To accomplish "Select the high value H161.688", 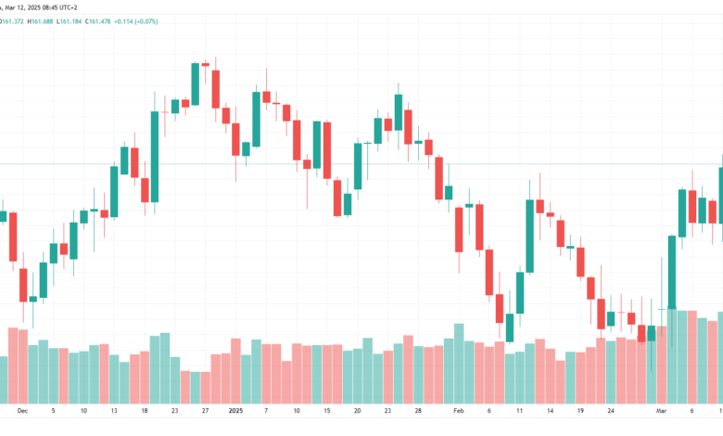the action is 40,21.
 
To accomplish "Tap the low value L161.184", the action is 70,21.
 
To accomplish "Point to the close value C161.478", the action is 97,21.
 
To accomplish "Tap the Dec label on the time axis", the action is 22,411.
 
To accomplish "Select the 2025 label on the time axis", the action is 235,411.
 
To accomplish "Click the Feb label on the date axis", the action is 458,411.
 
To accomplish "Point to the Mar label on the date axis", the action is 661,411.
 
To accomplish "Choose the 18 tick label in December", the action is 145,411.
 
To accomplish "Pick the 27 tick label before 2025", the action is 205,411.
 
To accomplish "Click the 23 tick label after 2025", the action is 387,411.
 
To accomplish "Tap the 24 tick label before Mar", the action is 611,411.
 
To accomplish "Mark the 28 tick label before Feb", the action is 418,411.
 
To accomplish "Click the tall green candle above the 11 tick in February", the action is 530,236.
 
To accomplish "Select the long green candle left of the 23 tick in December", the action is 155,157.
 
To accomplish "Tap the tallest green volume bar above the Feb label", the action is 459,364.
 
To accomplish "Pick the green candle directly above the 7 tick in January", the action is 256,119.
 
